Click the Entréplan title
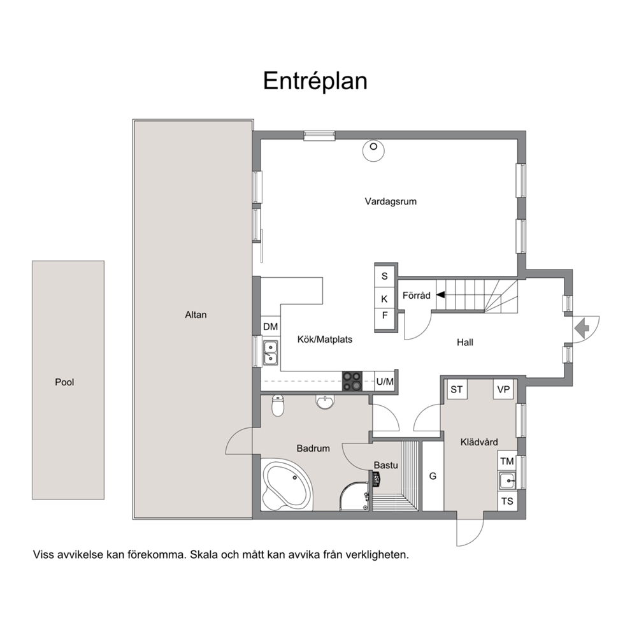click(315, 82)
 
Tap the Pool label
click(64, 382)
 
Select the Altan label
click(196, 315)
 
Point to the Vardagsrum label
click(391, 201)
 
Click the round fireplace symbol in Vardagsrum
click(373, 151)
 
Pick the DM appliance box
click(271, 326)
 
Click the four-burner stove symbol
click(352, 381)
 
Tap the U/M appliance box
click(385, 381)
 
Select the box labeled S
click(385, 276)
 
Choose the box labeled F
click(385, 315)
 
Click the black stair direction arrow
click(440, 294)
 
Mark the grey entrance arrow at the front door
click(582, 329)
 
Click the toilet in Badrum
click(278, 405)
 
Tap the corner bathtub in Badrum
click(287, 485)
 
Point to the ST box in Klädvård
click(457, 389)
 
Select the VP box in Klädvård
click(504, 389)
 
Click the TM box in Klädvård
click(507, 461)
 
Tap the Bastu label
click(385, 465)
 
